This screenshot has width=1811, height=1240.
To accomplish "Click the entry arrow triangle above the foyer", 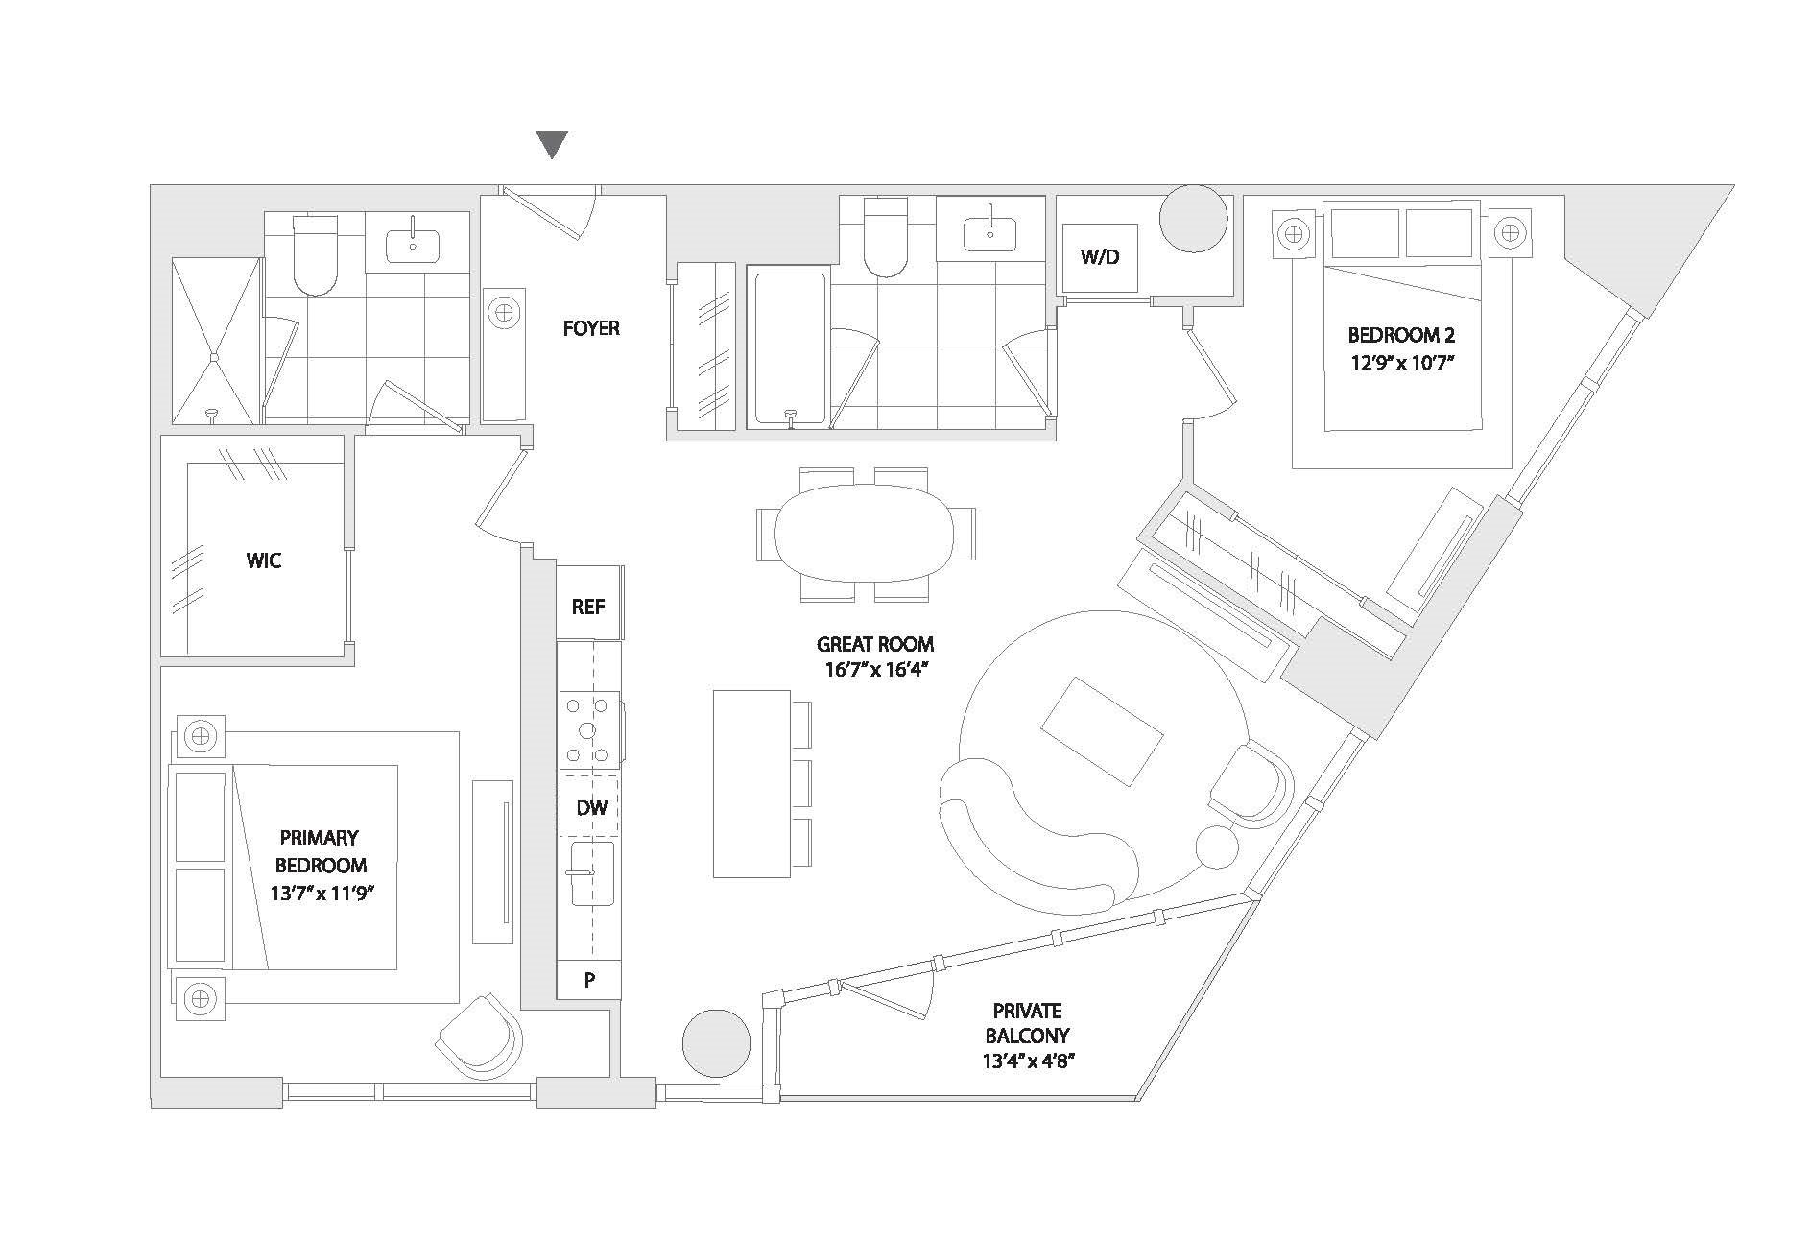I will tap(552, 144).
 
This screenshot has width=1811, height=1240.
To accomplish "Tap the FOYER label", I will tap(591, 328).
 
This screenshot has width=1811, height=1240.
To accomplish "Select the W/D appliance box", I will tap(1100, 258).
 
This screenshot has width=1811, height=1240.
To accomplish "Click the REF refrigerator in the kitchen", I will tap(588, 607).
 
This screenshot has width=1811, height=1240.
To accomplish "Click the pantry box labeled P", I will tap(589, 980).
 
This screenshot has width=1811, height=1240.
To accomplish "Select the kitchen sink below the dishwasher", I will tap(590, 873).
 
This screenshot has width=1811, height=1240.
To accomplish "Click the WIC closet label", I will tap(264, 560).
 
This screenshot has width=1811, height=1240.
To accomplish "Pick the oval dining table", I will tap(865, 534).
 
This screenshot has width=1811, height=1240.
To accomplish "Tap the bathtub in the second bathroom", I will tap(789, 347).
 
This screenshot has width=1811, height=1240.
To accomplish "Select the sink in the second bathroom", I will tap(989, 231).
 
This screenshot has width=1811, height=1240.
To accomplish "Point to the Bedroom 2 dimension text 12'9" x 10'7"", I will tap(1401, 365).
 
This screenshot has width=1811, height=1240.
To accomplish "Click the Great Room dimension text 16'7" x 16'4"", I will tap(874, 671).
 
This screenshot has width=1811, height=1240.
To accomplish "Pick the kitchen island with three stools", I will tap(751, 783).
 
